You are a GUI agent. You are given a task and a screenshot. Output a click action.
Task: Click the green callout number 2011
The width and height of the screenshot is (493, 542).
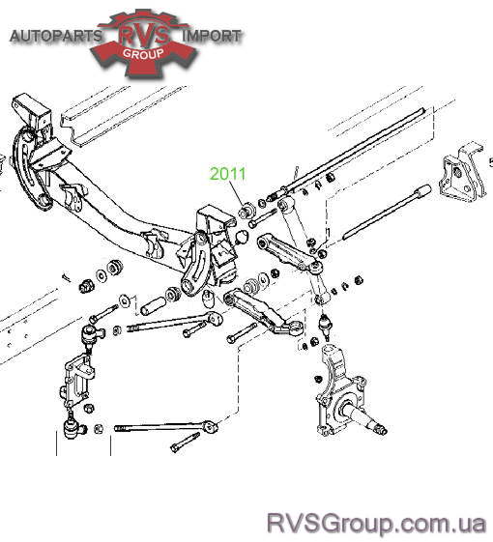(x=228, y=174)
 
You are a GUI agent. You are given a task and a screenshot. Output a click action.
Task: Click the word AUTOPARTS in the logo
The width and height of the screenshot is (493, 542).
(x=56, y=36)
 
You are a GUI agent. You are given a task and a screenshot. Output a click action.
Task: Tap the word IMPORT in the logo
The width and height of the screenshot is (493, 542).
(x=212, y=36)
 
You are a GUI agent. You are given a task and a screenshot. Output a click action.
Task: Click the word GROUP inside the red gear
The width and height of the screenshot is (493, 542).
(x=143, y=53)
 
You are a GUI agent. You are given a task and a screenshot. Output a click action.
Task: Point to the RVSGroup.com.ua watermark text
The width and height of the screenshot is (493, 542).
(x=376, y=524)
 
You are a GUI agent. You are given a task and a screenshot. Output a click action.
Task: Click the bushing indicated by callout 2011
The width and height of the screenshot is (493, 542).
(x=247, y=210)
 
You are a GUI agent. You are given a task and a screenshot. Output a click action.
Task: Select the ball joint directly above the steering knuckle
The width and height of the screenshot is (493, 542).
(x=324, y=325)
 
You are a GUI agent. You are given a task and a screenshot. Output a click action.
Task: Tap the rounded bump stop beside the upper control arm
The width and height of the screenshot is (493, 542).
(x=242, y=237)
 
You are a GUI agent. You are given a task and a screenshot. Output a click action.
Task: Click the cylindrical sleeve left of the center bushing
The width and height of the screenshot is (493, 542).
(x=152, y=305)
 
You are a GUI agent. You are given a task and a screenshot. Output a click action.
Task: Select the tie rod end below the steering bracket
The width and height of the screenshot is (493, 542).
(x=73, y=427)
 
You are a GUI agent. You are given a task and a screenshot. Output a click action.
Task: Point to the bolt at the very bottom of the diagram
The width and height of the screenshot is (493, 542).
(x=185, y=442)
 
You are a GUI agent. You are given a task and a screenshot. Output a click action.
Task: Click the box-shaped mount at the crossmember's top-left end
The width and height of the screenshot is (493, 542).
(x=32, y=112)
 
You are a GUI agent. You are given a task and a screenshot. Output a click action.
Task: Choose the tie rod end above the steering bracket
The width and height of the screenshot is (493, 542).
(x=92, y=334)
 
